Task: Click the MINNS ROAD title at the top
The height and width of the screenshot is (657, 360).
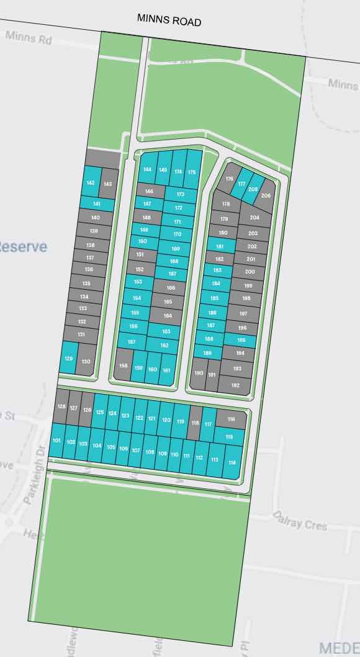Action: pos(169,21)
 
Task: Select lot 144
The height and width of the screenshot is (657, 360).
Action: pos(147,169)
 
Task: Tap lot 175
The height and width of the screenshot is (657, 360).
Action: pos(192,172)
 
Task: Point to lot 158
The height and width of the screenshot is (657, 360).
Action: pos(124,366)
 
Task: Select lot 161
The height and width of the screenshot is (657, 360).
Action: pos(166,370)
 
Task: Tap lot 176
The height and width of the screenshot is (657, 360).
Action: pos(230,179)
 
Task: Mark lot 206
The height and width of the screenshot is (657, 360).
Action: pos(266,195)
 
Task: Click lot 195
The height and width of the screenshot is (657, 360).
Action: pos(241,340)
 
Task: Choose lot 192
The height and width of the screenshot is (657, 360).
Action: pos(235,385)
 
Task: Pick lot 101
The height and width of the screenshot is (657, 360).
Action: pos(57,440)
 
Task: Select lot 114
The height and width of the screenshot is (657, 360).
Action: pos(232,463)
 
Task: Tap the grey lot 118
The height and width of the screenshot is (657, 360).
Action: pos(195,423)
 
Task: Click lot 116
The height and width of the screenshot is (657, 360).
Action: pos(232,420)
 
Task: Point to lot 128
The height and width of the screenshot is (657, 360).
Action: pos(61,406)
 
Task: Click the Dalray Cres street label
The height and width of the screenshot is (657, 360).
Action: pos(307,524)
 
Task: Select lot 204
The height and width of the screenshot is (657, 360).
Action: pos(254,218)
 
